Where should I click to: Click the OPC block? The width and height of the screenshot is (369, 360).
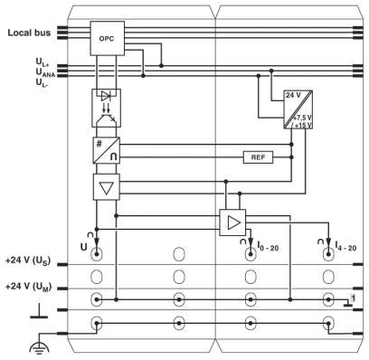pyautogui.click(x=108, y=38)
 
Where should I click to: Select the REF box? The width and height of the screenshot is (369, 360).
pyautogui.click(x=258, y=157)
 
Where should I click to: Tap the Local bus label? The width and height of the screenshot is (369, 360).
pyautogui.click(x=29, y=33)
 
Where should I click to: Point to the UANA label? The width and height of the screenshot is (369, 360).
pyautogui.click(x=45, y=72)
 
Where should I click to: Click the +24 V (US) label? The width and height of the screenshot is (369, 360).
pyautogui.click(x=28, y=261)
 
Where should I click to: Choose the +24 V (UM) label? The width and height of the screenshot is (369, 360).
pyautogui.click(x=28, y=287)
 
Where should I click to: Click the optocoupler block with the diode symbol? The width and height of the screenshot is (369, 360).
pyautogui.click(x=106, y=108)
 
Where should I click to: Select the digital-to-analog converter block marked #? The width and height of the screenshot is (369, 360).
pyautogui.click(x=107, y=150)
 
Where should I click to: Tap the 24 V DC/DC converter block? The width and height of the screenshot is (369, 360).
pyautogui.click(x=298, y=109)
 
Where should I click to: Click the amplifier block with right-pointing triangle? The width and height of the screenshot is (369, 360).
pyautogui.click(x=232, y=223)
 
